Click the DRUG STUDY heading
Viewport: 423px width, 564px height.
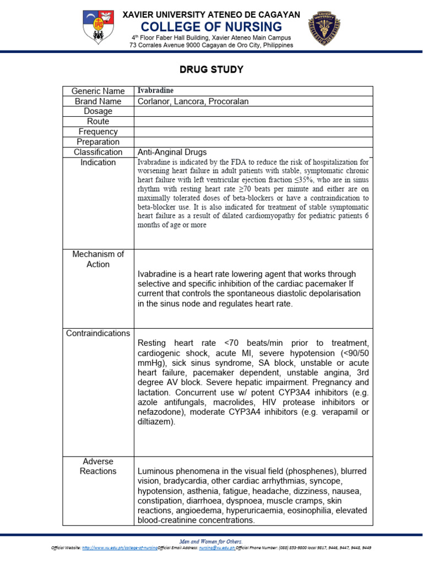click(211, 70)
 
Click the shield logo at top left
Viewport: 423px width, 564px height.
click(99, 27)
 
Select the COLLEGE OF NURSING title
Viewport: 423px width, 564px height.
click(211, 27)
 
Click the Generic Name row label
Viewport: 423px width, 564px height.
click(98, 91)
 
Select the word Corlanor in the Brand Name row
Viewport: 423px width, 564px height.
click(154, 101)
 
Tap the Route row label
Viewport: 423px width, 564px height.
click(98, 122)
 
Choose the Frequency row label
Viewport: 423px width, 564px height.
click(98, 132)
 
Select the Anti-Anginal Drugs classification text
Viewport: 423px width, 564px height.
click(172, 152)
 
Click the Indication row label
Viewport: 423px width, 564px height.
click(98, 162)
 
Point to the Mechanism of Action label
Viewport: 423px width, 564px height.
click(98, 259)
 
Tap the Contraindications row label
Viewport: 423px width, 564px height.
click(98, 333)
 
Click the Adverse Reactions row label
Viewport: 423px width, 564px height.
click(98, 467)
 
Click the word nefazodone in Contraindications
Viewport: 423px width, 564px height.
click(160, 412)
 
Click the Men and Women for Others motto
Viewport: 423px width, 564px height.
click(211, 541)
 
